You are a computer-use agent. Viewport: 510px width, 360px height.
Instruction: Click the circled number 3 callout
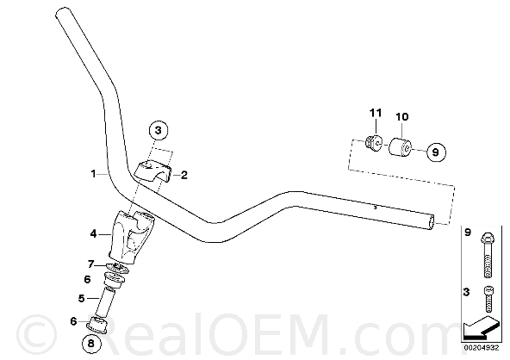pos(158,131)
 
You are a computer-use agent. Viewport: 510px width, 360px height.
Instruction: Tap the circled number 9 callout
pos(436,152)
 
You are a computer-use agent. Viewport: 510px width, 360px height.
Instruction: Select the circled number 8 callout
pos(90,343)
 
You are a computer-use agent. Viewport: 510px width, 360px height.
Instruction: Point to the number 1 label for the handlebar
pos(94,174)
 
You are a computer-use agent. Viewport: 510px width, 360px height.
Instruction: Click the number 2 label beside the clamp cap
pos(184,176)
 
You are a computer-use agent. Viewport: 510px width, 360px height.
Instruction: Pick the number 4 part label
pos(94,233)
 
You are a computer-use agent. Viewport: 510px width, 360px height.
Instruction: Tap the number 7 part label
pos(91,264)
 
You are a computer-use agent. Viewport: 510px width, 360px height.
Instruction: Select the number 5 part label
pos(81,298)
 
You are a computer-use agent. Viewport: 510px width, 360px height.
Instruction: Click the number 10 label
pos(402,116)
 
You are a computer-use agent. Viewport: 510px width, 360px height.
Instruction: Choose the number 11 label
pos(376,113)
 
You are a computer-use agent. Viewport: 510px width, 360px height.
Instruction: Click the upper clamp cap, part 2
pos(152,171)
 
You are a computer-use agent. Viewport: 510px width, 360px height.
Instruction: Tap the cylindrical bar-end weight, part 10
pos(401,147)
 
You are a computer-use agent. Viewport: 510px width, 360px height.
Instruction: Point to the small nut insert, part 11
pos(373,142)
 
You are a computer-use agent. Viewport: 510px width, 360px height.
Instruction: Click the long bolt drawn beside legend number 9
pos(488,255)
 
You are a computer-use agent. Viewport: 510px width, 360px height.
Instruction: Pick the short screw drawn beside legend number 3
pos(488,299)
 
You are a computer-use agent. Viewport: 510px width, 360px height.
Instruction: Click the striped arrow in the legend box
pos(481,327)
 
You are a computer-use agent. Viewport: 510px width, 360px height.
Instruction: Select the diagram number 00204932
pos(481,348)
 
